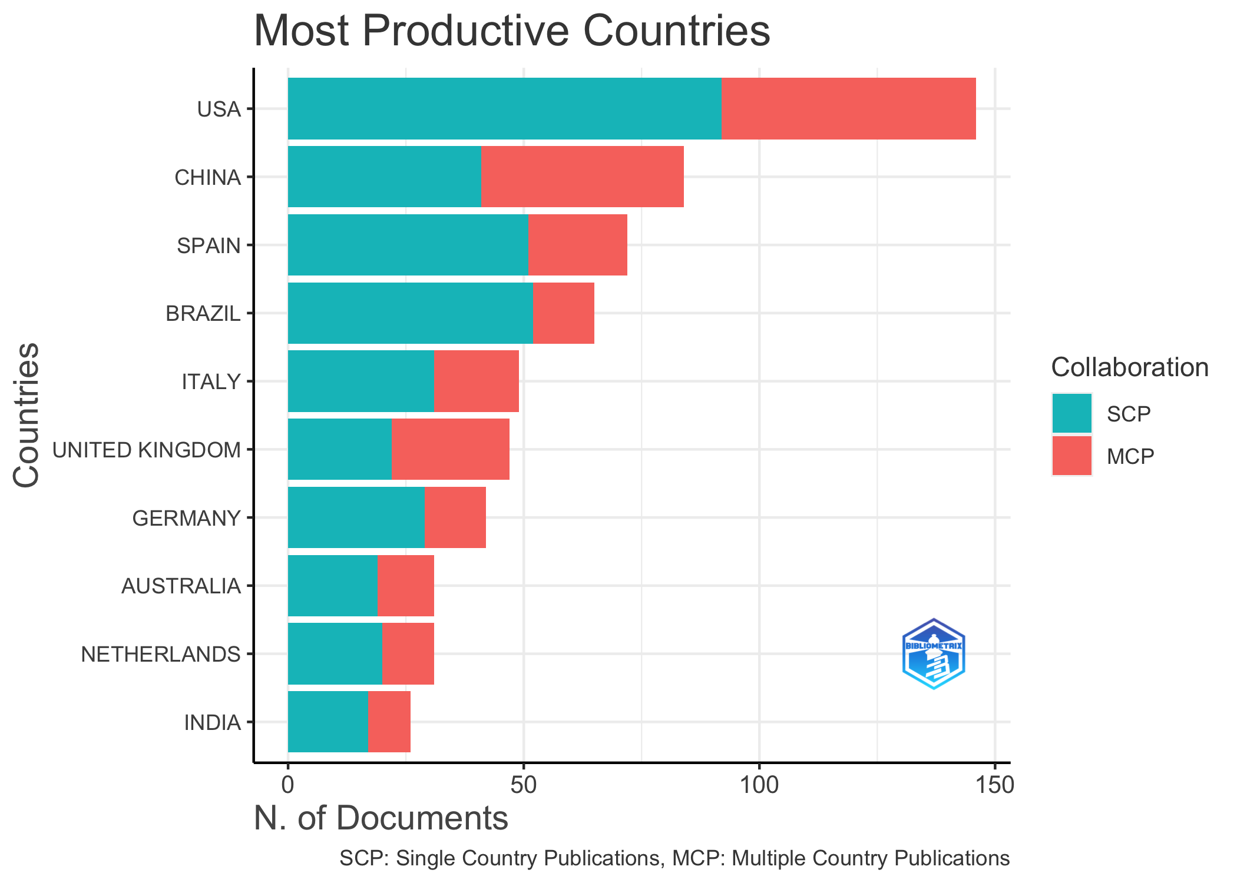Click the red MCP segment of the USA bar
(848, 109)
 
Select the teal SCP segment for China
(384, 177)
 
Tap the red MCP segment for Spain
(577, 245)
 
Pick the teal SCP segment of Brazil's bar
(410, 313)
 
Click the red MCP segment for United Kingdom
(451, 449)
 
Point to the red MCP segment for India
(389, 722)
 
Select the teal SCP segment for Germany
(356, 517)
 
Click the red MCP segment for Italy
(477, 381)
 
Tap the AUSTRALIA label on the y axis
(181, 586)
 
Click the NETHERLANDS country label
(161, 654)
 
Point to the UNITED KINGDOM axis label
(147, 450)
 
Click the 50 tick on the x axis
(523, 785)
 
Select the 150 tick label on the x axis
(994, 785)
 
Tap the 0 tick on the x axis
(287, 785)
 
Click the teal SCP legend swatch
(1071, 413)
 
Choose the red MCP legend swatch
(1071, 456)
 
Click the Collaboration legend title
(1130, 367)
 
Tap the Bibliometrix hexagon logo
(933, 653)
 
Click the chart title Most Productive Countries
(511, 31)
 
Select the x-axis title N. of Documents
(381, 818)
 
